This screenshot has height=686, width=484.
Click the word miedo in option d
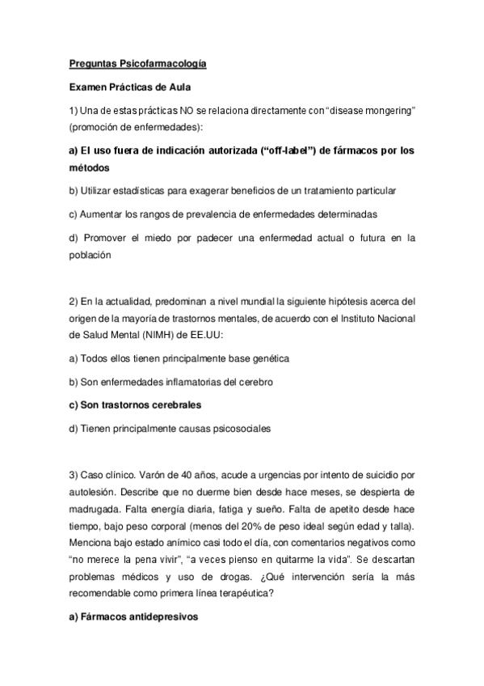[158, 238]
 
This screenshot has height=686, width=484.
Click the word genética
[267, 358]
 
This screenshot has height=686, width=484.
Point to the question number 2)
[73, 302]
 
